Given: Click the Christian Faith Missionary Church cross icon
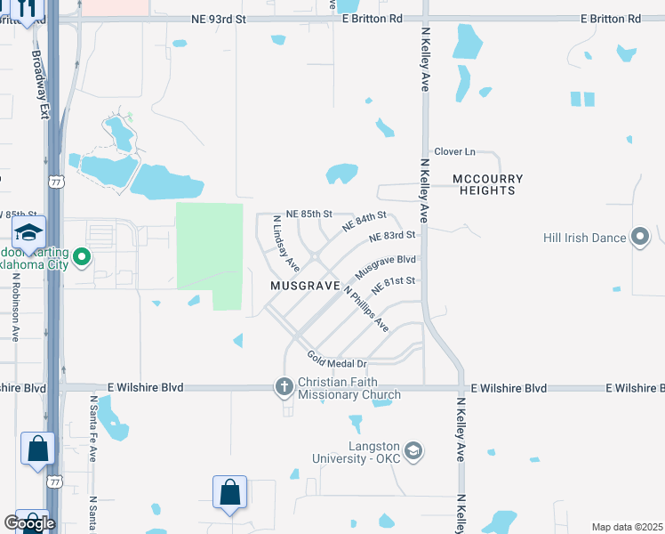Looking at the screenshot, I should (284, 385).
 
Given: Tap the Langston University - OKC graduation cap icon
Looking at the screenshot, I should (413, 451).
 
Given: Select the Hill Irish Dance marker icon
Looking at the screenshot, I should (639, 237).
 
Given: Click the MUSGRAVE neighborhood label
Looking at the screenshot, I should (306, 286).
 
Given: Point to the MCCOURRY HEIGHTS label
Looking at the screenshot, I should (488, 184).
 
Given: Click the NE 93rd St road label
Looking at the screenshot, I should (219, 19).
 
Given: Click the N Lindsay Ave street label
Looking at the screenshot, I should (285, 244).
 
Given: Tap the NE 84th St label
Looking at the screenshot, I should (365, 222).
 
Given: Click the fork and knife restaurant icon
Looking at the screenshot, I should (26, 9).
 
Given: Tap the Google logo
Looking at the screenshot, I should (29, 523).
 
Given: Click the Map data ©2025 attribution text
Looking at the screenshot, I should (627, 527).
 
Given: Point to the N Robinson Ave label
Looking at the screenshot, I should (16, 305).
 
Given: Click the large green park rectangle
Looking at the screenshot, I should (210, 254).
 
